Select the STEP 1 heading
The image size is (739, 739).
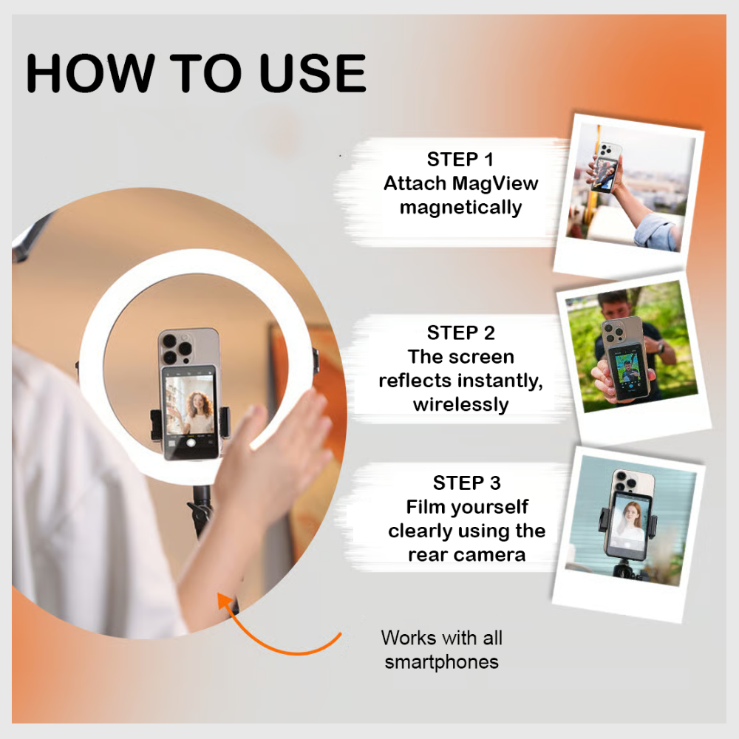(460, 159)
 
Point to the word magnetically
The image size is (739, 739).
(460, 208)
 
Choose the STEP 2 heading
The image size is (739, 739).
(460, 333)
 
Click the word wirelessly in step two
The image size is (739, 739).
(460, 404)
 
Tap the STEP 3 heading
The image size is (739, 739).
(466, 483)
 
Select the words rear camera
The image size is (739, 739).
(466, 554)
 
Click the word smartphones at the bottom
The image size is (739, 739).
(441, 661)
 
